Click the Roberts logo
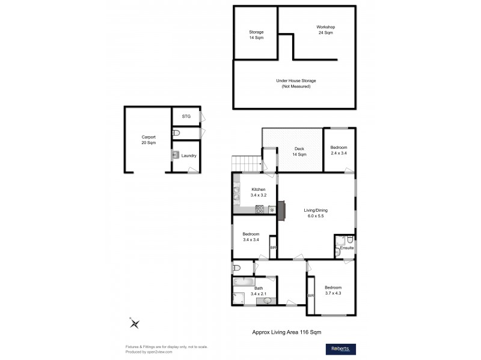tap(340, 349)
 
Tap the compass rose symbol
tap(134, 323)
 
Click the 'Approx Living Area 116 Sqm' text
tap(290, 331)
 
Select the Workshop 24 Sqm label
tap(325, 30)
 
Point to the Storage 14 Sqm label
tap(256, 35)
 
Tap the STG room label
tap(186, 116)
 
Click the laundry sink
tap(175, 155)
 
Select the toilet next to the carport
tap(176, 133)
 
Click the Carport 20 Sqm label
tap(149, 140)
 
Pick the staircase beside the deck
tap(247, 163)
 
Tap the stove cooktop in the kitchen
tap(260, 209)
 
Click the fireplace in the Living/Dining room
tap(281, 209)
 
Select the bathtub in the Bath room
tap(243, 281)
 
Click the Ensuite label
tap(347, 248)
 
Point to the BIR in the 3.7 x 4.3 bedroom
tap(311, 295)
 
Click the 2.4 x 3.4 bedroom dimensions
tap(339, 154)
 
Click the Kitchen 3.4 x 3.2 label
tap(250, 193)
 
